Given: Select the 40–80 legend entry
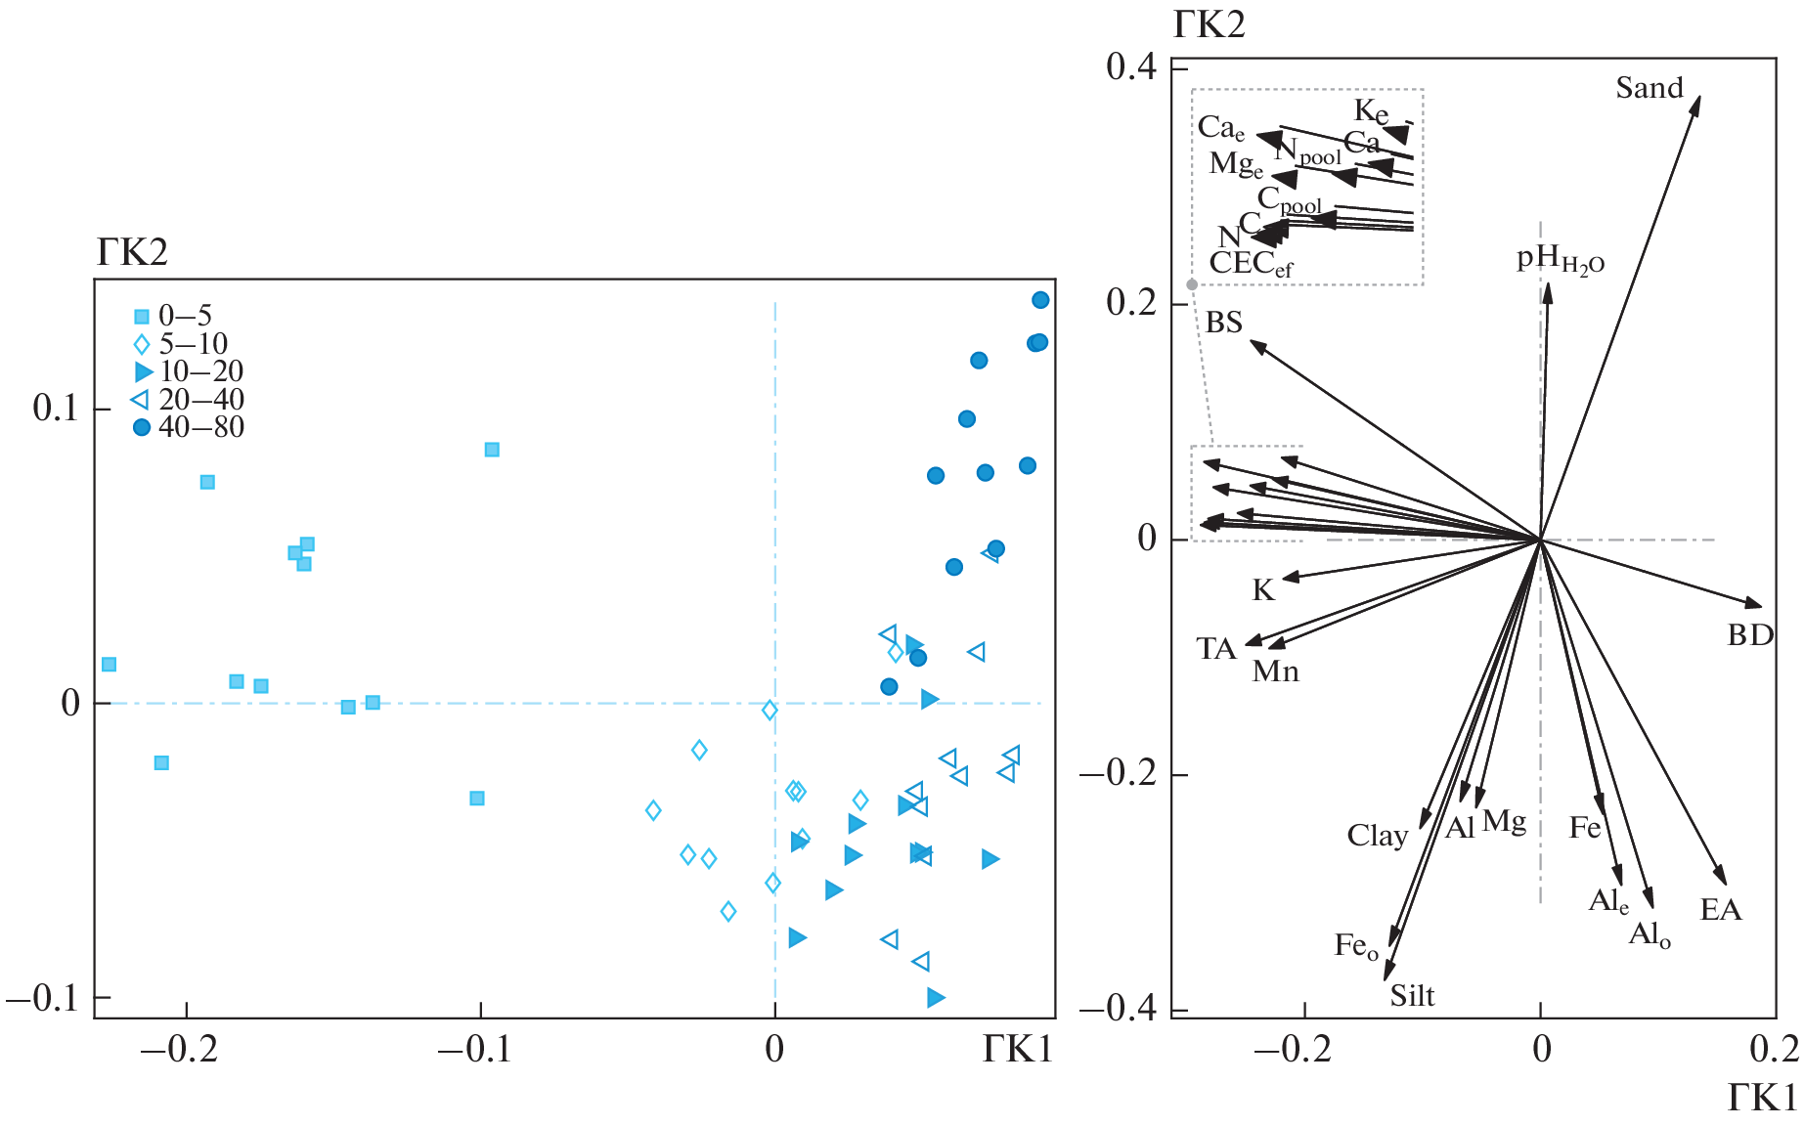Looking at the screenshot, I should (199, 427).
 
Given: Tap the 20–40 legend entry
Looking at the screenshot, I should (200, 400).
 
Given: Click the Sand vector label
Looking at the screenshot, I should (1649, 88).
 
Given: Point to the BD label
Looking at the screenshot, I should (1750, 635).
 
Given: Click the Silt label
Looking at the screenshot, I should (1412, 996).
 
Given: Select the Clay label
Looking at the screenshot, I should (1377, 836).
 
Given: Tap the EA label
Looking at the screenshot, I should (1721, 910).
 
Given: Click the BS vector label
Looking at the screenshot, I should (1223, 323).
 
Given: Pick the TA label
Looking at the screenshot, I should (1216, 649).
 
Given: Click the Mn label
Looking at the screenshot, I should (1276, 671).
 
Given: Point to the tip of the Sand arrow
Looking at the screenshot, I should (1699, 97).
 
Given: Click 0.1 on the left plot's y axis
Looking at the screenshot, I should (55, 409).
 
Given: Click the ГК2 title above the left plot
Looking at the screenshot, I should (132, 253).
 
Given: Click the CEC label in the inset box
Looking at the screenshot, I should (1251, 264).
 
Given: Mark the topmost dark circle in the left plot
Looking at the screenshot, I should (1040, 300).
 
